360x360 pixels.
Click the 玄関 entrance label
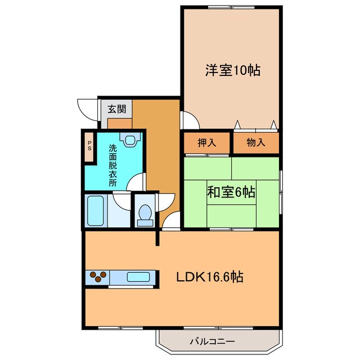pos(116,109)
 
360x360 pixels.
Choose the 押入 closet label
pos(206,143)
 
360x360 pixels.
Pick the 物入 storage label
pos(256,143)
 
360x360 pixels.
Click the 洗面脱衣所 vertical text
pos(113,166)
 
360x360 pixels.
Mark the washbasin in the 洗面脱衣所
pos(130,141)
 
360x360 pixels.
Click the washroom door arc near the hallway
pos(137,181)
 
